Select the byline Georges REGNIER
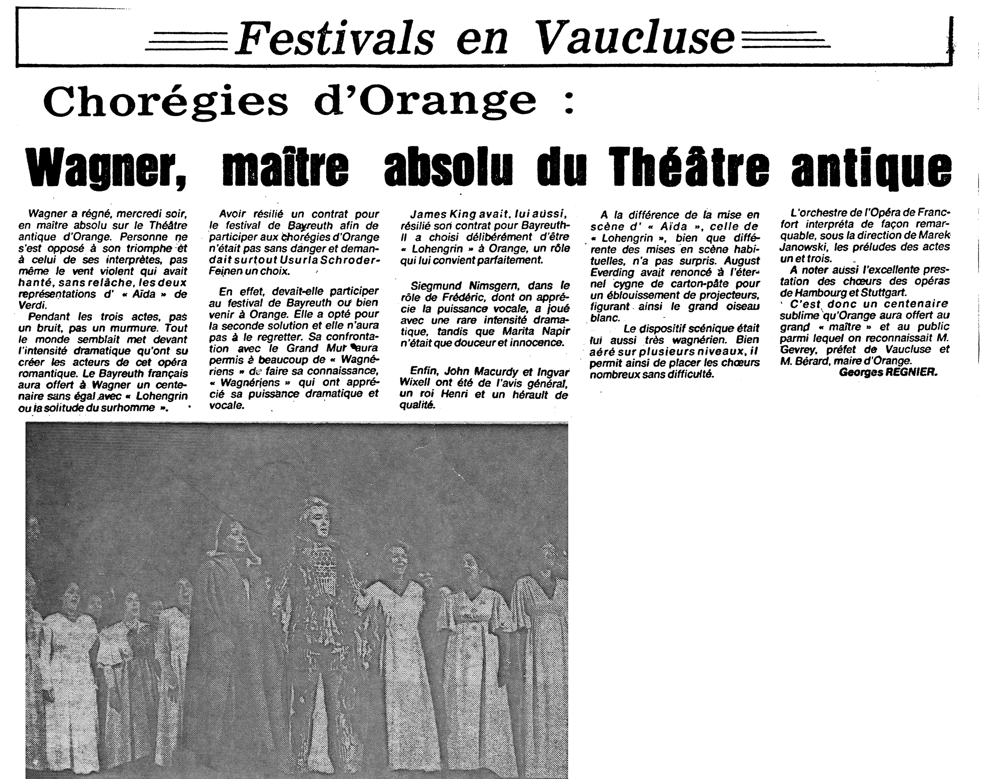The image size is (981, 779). (x=888, y=372)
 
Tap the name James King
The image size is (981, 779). (x=442, y=214)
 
